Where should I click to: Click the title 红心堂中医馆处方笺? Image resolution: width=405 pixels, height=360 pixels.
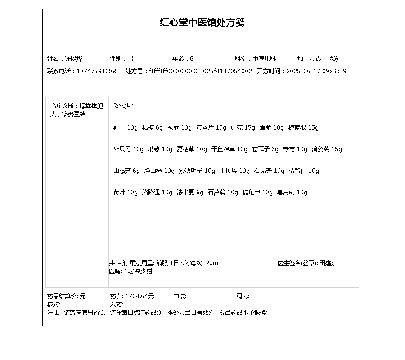202,22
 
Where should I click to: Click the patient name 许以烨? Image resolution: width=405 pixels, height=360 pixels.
74,58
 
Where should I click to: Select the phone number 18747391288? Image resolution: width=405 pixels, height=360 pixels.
96,71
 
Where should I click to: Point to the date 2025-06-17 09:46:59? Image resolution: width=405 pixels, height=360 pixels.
316,71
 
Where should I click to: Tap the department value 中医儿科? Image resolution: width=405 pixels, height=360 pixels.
264,58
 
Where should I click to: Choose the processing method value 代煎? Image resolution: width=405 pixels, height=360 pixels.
333,58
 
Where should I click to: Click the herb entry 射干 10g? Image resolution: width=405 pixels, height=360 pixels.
125,128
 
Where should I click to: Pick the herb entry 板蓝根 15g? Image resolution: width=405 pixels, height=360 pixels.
303,128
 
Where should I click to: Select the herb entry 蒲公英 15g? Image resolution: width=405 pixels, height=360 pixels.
327,149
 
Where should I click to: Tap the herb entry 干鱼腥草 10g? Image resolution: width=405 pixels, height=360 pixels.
229,149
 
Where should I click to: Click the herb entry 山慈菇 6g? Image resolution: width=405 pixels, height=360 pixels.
126,171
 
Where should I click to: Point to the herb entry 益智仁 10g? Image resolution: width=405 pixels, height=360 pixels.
304,171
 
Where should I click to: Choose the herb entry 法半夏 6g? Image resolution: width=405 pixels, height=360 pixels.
190,193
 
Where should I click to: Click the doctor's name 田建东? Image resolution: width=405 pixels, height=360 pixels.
328,263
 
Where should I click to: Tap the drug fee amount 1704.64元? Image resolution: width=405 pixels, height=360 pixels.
139,296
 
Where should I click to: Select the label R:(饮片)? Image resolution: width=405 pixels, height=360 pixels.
123,106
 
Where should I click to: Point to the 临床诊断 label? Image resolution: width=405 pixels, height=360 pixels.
63,106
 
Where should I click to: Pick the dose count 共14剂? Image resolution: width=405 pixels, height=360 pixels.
118,263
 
